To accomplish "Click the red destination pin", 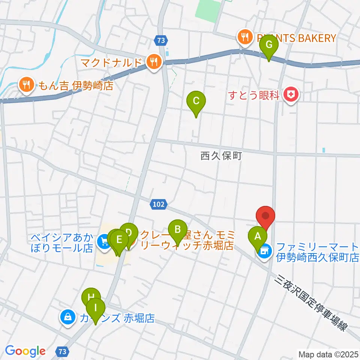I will click(266, 217).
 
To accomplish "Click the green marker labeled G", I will click(269, 45).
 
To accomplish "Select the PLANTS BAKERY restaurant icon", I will click(244, 37).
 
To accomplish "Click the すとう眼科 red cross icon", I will click(291, 94).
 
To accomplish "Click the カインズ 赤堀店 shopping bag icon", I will click(67, 318).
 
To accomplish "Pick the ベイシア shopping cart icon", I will click(103, 242).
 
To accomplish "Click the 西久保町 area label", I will click(221, 156).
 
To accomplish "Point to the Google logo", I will click(25, 351).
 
